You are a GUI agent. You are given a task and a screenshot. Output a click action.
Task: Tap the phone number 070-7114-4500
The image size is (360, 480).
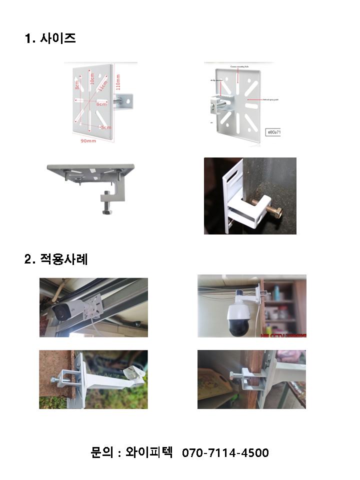(225, 453)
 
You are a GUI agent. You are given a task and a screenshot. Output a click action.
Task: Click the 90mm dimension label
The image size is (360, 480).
(88, 141)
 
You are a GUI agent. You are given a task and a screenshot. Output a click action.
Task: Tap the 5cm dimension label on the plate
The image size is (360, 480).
(106, 127)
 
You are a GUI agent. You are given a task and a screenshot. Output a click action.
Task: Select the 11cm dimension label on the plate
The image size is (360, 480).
(102, 85)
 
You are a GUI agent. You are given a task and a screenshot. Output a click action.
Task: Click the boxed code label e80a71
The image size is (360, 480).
(275, 132)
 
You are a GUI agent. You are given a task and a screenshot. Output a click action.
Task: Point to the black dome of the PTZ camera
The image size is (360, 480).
(241, 326)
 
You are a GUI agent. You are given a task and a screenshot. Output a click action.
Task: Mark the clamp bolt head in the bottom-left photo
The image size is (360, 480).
(54, 381)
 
